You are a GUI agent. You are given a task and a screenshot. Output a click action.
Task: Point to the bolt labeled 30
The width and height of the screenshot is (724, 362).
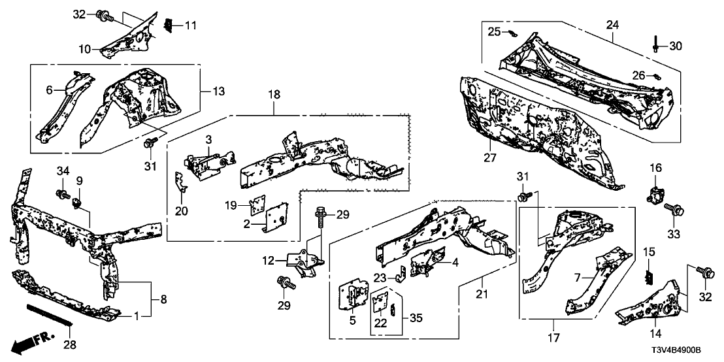pyautogui.click(x=655, y=45)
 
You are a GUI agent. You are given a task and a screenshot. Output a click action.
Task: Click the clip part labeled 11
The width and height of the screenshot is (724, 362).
pyautogui.click(x=167, y=25)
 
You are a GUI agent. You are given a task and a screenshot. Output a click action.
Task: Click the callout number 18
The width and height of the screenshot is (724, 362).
pyautogui.click(x=274, y=95)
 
